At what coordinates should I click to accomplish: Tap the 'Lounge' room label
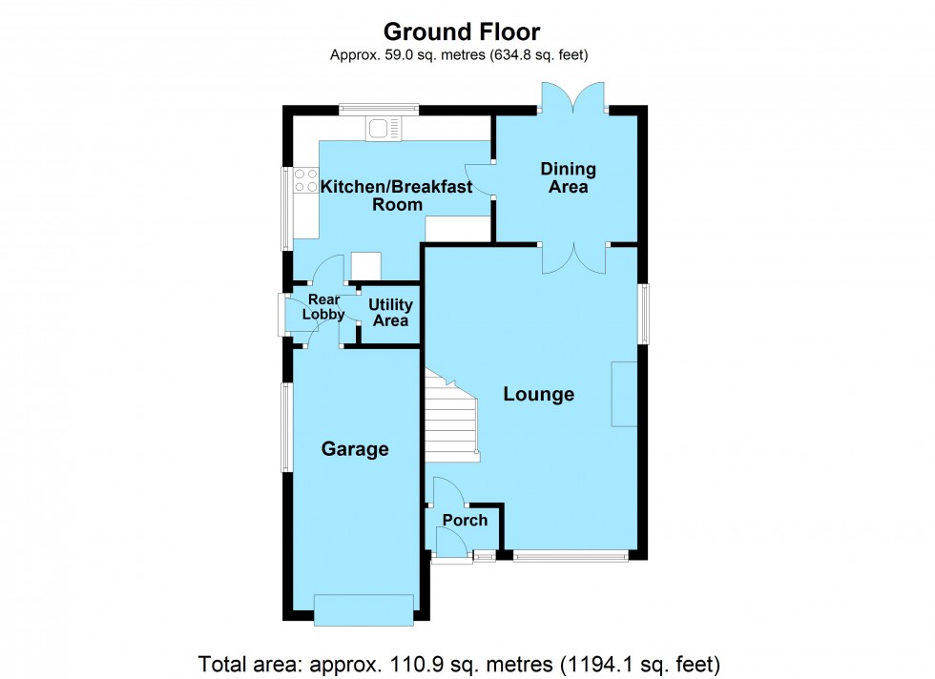[x=539, y=394]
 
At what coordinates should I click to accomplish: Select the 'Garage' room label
[x=355, y=449]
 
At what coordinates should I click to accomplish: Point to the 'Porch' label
[x=465, y=520]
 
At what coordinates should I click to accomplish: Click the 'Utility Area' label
[x=391, y=313]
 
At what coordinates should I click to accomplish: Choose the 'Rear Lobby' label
[x=323, y=307]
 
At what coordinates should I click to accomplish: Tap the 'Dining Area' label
[x=568, y=178]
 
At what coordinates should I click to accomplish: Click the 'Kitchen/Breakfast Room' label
[x=396, y=195]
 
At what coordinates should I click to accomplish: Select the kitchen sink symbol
[x=385, y=128]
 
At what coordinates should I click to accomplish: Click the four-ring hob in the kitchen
[x=306, y=180]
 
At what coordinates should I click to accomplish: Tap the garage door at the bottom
[x=364, y=609]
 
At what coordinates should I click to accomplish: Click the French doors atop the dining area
[x=572, y=100]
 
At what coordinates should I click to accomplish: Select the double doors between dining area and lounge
[x=572, y=256]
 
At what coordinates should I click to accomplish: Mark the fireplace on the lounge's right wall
[x=626, y=394]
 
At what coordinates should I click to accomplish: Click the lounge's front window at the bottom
[x=571, y=556]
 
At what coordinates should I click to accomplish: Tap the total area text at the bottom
[x=459, y=663]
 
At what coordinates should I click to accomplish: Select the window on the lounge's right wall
[x=645, y=314]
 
